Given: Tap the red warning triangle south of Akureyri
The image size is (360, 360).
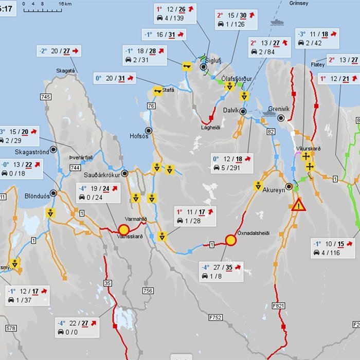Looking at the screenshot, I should click(298, 205).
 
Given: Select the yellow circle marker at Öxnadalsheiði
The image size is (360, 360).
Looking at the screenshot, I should click(230, 240).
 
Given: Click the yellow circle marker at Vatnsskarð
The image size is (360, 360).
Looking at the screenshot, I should click(123, 229).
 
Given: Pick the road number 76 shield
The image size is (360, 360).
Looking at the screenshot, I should click(151, 106).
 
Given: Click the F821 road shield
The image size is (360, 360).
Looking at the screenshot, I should click(279, 305).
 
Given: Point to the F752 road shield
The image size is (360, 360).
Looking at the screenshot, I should click(215, 317).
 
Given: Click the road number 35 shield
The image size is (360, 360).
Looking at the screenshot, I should click(107, 283).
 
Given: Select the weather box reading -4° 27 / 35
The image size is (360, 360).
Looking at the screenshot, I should click(221, 272).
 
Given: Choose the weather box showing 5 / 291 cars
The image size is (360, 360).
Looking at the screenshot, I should click(232, 163).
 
